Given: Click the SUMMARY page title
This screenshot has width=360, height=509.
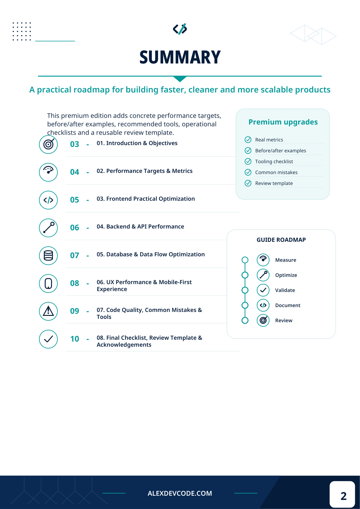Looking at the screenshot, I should coord(180,57).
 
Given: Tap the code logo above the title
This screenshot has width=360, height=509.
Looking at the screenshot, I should coord(180,29).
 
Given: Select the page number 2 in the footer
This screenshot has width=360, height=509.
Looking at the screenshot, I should coord(343,496).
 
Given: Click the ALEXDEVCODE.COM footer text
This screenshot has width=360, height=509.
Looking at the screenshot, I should coord(180,493).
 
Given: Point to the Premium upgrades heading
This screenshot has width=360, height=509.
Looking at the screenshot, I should coord(283,122).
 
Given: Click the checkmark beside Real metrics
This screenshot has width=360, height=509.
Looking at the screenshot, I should coord(248,139).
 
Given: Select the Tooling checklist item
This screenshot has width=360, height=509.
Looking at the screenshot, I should coord(274,161).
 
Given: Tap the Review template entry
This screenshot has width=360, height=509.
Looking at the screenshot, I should coord(274,183).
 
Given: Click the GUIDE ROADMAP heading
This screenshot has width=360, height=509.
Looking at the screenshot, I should coord(281,240).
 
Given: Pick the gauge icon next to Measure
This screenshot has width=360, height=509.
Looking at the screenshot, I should coord(263,260).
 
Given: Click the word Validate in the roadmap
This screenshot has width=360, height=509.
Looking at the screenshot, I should coord(285,290).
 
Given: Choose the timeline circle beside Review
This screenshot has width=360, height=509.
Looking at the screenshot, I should coord(245,320).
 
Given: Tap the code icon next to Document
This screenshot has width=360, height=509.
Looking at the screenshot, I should coord(263,305).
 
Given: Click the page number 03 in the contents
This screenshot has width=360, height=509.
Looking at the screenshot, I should coord(75,144).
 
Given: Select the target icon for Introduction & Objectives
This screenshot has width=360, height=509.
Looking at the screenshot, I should coord(48,144).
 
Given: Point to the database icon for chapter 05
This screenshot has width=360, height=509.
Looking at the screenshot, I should coord(48,255).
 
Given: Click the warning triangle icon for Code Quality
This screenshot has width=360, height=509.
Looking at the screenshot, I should coord(48,311).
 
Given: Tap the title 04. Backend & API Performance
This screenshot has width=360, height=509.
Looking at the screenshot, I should coord(140,226).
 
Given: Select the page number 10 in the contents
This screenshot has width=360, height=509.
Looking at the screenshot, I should coord(75,339).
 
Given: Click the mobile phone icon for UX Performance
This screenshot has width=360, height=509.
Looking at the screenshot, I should coord(48,283).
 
